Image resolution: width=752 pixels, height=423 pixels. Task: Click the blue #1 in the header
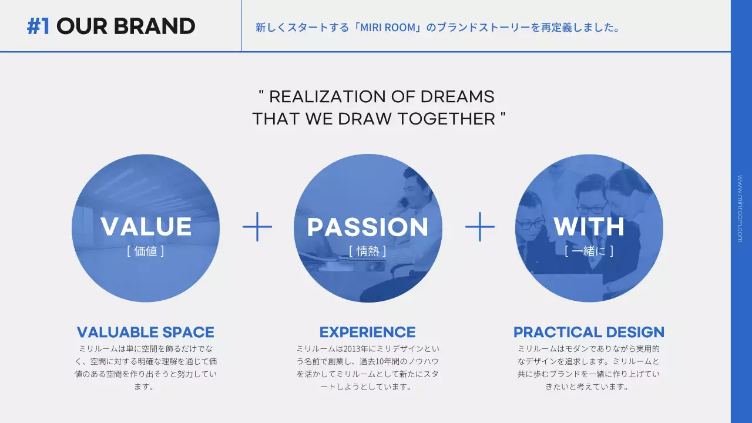[38, 26]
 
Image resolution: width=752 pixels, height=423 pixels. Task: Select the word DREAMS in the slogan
[457, 97]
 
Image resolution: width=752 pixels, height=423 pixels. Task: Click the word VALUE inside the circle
[146, 227]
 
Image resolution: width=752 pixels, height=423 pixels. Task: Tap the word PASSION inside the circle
[368, 227]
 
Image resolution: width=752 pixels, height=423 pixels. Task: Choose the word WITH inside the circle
[589, 227]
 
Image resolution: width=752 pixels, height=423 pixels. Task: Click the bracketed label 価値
[146, 251]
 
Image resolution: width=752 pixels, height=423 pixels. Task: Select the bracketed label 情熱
[368, 251]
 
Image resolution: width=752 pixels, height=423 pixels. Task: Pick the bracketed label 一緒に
[589, 251]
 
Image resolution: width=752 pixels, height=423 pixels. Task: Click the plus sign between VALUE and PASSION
[257, 227]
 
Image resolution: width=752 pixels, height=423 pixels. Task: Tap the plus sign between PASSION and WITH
[480, 227]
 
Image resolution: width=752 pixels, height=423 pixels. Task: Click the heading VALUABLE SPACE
[146, 333]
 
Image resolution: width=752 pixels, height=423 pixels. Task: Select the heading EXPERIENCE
[368, 333]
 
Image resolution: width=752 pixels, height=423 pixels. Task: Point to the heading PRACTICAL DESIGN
[589, 333]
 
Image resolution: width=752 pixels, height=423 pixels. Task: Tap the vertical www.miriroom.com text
[740, 209]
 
